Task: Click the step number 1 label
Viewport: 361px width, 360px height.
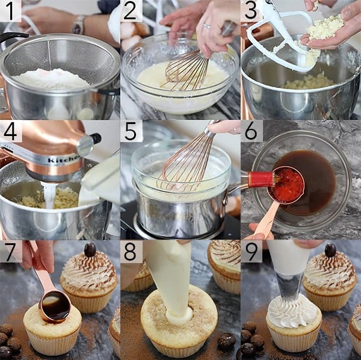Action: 11,11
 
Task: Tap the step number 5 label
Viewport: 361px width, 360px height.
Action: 131,131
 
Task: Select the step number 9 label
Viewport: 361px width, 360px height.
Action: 251,251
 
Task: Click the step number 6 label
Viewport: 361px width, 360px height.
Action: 251,131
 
